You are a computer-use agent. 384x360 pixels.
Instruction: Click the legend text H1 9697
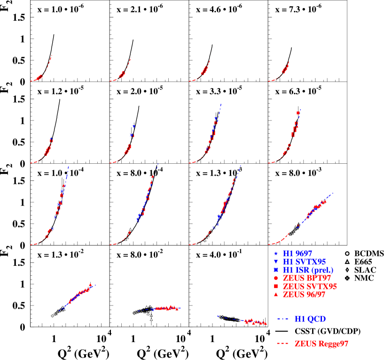click(297, 253)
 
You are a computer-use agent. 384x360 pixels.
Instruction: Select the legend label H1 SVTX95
click(304, 261)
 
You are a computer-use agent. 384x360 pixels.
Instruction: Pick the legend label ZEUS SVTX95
click(310, 286)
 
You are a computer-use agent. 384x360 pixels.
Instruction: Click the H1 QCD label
click(310, 319)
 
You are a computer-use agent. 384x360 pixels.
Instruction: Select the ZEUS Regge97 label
click(321, 344)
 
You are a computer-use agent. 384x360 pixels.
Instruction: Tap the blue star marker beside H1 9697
click(276, 253)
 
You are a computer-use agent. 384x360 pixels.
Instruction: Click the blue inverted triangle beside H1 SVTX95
click(276, 262)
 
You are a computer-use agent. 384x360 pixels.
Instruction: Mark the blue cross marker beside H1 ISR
click(276, 270)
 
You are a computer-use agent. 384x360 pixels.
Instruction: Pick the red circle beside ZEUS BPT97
click(276, 278)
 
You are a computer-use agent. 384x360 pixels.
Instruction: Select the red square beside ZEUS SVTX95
click(276, 286)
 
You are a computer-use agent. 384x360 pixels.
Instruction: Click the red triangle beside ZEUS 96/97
click(276, 295)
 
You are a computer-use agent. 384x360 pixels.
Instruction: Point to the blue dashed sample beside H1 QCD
click(282, 319)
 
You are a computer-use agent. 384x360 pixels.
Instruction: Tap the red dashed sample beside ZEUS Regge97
click(282, 344)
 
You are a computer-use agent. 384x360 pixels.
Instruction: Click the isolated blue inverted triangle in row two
click(134, 127)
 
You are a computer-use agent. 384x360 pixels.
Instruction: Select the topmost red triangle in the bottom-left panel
click(90, 284)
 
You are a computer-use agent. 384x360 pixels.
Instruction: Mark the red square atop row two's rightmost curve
click(298, 113)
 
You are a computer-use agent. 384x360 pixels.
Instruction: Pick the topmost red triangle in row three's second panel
click(152, 176)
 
